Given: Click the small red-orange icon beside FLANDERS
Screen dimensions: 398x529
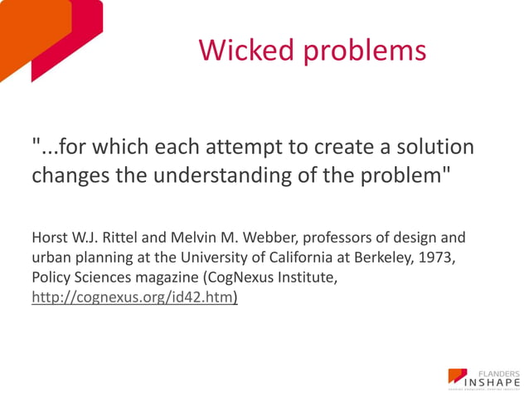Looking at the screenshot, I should [457, 376].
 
